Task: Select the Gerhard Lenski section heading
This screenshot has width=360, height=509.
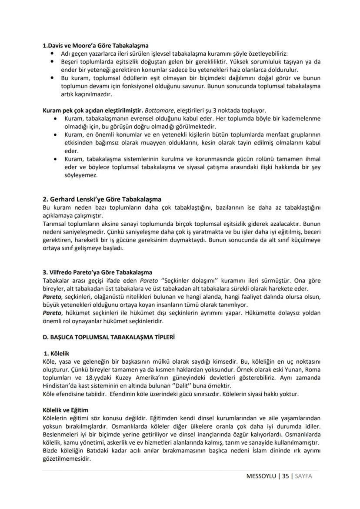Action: [x=102, y=200]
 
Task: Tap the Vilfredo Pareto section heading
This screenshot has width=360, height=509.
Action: [x=97, y=273]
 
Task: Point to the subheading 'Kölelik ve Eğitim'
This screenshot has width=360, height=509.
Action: [x=66, y=410]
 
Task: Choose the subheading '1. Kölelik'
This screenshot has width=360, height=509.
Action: [x=57, y=353]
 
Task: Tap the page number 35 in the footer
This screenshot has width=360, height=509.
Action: [x=285, y=476]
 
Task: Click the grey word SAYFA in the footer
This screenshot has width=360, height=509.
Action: [x=303, y=476]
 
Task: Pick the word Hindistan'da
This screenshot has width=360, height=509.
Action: [x=61, y=386]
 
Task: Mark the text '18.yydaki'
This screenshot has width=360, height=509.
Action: [x=98, y=378]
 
